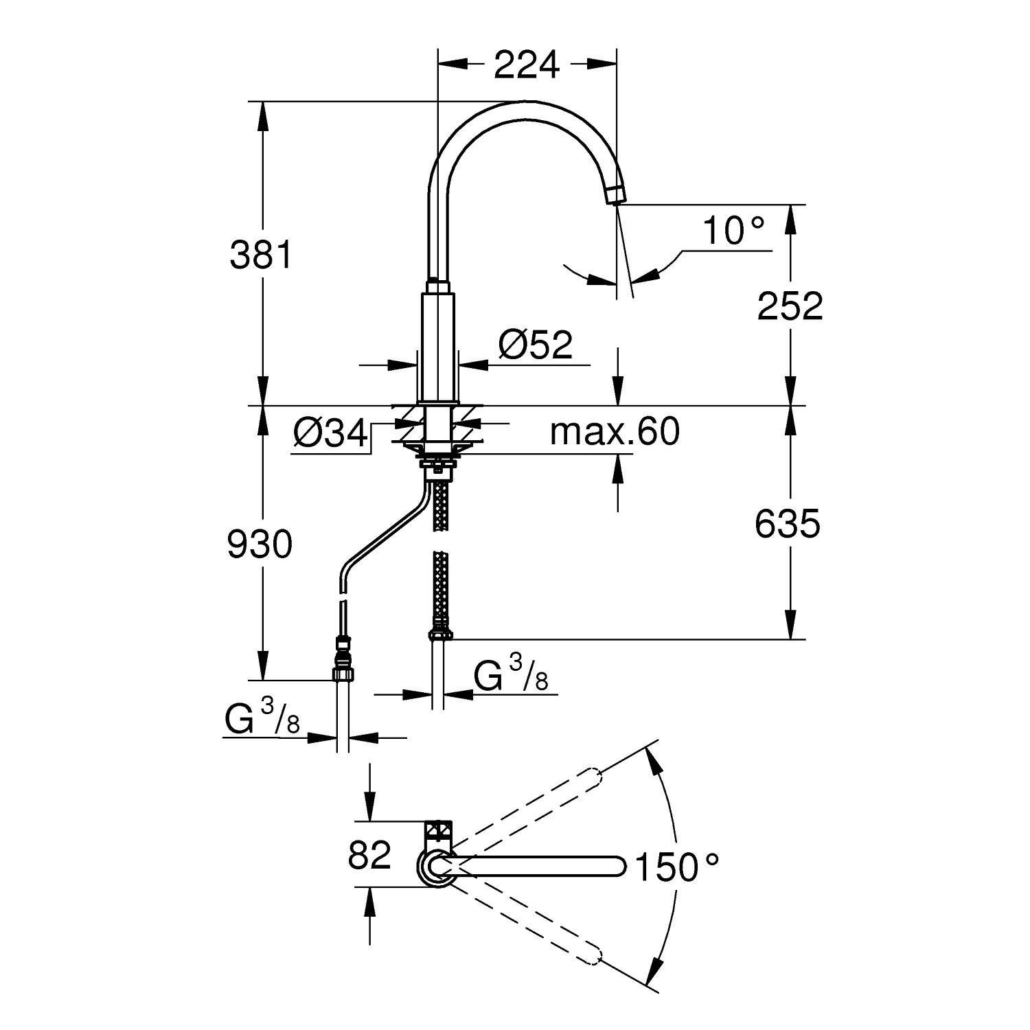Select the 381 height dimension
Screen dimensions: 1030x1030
pyautogui.click(x=261, y=255)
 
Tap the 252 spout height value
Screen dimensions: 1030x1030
pyautogui.click(x=790, y=306)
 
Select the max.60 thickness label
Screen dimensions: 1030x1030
pyautogui.click(x=615, y=432)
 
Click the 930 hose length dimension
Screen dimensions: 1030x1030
pyautogui.click(x=260, y=545)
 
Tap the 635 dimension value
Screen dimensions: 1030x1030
pyautogui.click(x=788, y=525)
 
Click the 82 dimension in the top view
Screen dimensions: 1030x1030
pyautogui.click(x=369, y=855)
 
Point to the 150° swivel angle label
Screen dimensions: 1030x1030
pyautogui.click(x=676, y=867)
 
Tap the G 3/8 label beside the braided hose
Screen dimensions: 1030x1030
pyautogui.click(x=512, y=673)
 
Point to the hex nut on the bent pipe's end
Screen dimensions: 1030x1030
pyautogui.click(x=343, y=672)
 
